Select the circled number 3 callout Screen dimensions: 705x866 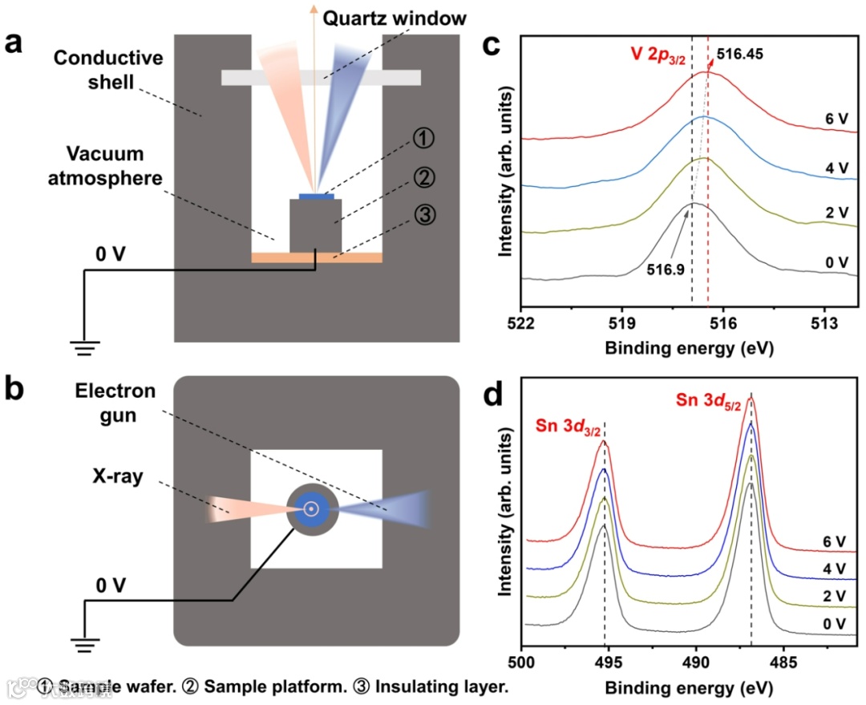[x=427, y=214]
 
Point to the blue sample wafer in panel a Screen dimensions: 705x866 [x=316, y=196]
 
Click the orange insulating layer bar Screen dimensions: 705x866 [x=317, y=257]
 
